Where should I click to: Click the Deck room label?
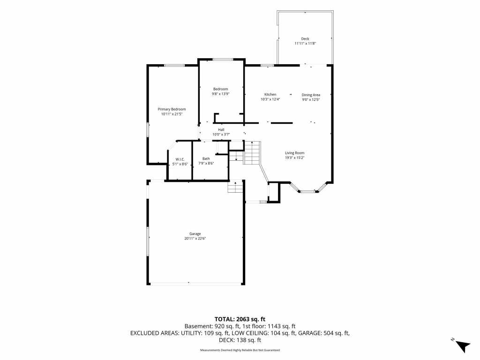[305, 39]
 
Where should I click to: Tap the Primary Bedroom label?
[172, 109]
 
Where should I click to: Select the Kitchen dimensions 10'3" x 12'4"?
[270, 99]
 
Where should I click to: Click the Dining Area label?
[311, 95]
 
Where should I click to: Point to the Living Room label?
[294, 153]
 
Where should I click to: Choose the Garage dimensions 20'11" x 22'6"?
[195, 239]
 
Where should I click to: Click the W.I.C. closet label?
[180, 159]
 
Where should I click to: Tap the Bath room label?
[206, 158]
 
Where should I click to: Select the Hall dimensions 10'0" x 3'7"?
[221, 135]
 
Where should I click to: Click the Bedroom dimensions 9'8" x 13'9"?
[220, 94]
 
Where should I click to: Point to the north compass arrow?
[463, 346]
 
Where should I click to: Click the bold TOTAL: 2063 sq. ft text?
[240, 319]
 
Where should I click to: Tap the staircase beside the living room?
[252, 152]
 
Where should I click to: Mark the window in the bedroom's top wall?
[223, 60]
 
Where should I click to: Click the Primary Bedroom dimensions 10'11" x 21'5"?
[172, 114]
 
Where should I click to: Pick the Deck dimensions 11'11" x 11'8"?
[305, 44]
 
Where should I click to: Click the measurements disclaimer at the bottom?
[240, 350]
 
